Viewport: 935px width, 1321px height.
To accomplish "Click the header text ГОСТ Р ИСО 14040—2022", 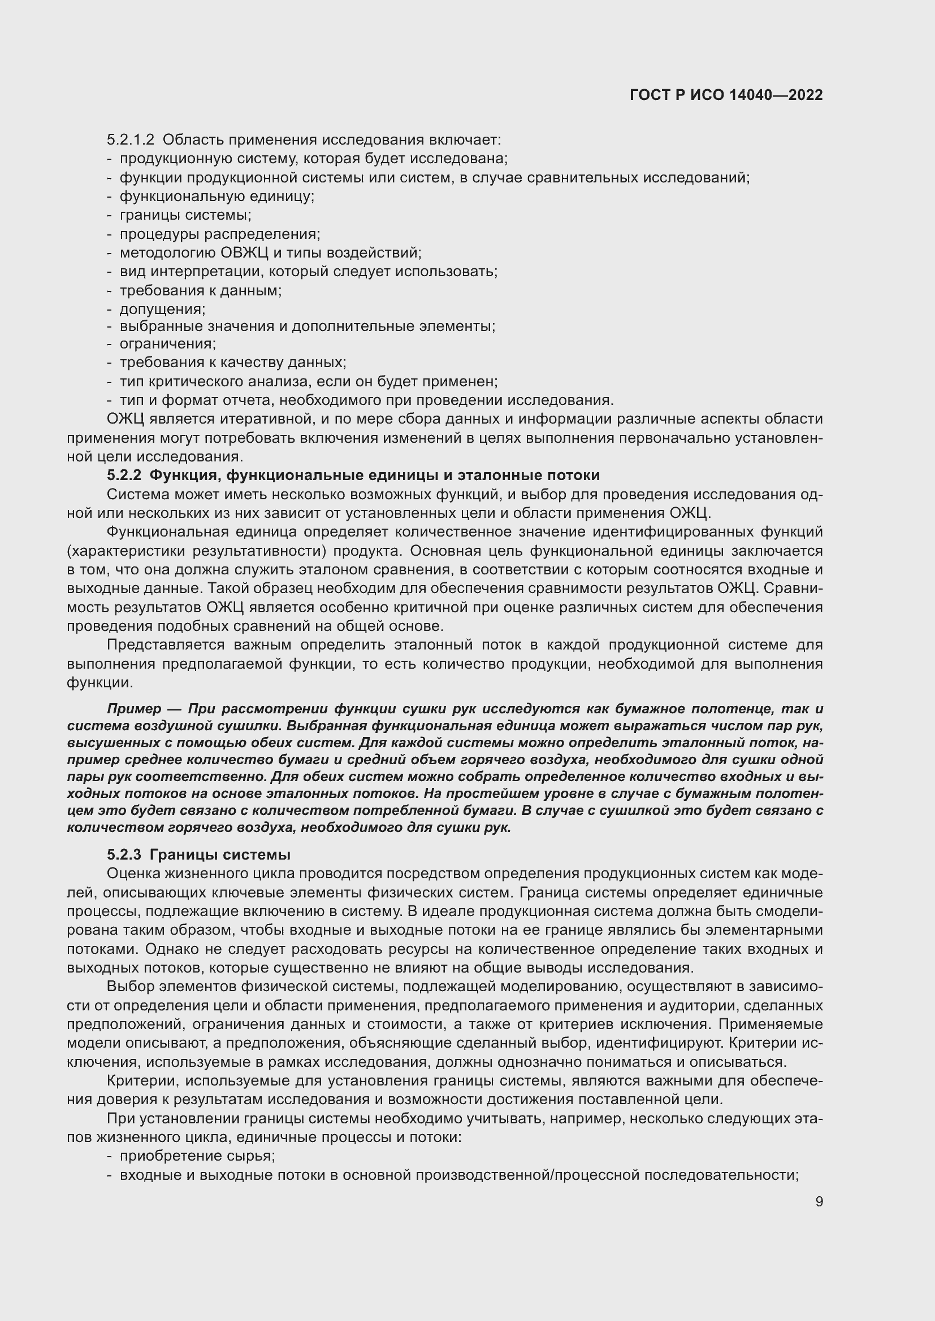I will point(726,95).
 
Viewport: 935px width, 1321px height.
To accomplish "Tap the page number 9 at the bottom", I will point(819,1202).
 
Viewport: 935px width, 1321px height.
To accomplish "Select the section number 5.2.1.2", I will point(131,140).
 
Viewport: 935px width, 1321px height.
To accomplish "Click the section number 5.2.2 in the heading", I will point(124,475).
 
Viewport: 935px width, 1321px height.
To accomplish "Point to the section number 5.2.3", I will point(124,854).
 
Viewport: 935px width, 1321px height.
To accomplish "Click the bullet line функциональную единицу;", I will point(217,196).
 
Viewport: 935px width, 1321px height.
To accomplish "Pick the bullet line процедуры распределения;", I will point(220,234).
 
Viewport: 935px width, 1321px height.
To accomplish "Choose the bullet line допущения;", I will point(162,309).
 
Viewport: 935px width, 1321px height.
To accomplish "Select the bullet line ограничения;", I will point(167,344).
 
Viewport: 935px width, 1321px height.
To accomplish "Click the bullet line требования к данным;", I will point(200,290).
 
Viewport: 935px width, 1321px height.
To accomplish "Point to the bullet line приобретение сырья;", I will point(197,1156).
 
